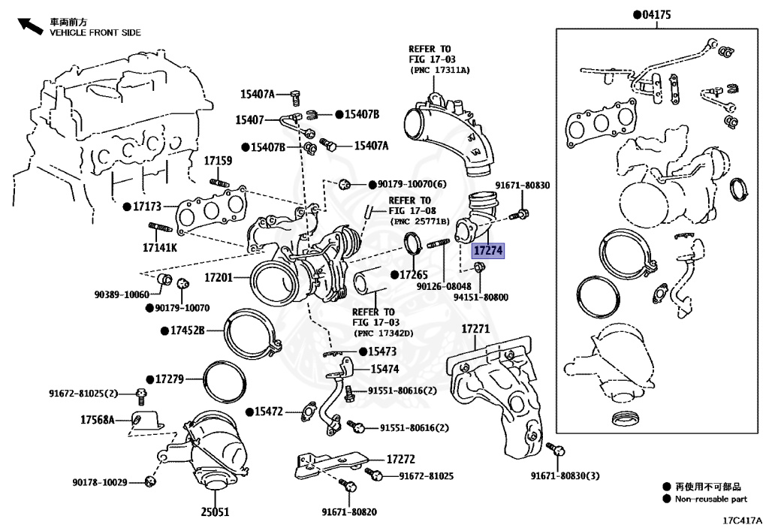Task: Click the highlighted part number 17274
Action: [488, 250]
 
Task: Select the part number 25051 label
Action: [215, 512]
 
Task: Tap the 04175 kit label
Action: [655, 14]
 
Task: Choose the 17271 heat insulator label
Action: [475, 329]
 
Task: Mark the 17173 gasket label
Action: [146, 205]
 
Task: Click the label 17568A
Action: [98, 419]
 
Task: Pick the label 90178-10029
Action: [104, 481]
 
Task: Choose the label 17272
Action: [401, 458]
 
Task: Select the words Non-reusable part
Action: [710, 499]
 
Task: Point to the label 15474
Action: [384, 369]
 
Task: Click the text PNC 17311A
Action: [440, 70]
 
